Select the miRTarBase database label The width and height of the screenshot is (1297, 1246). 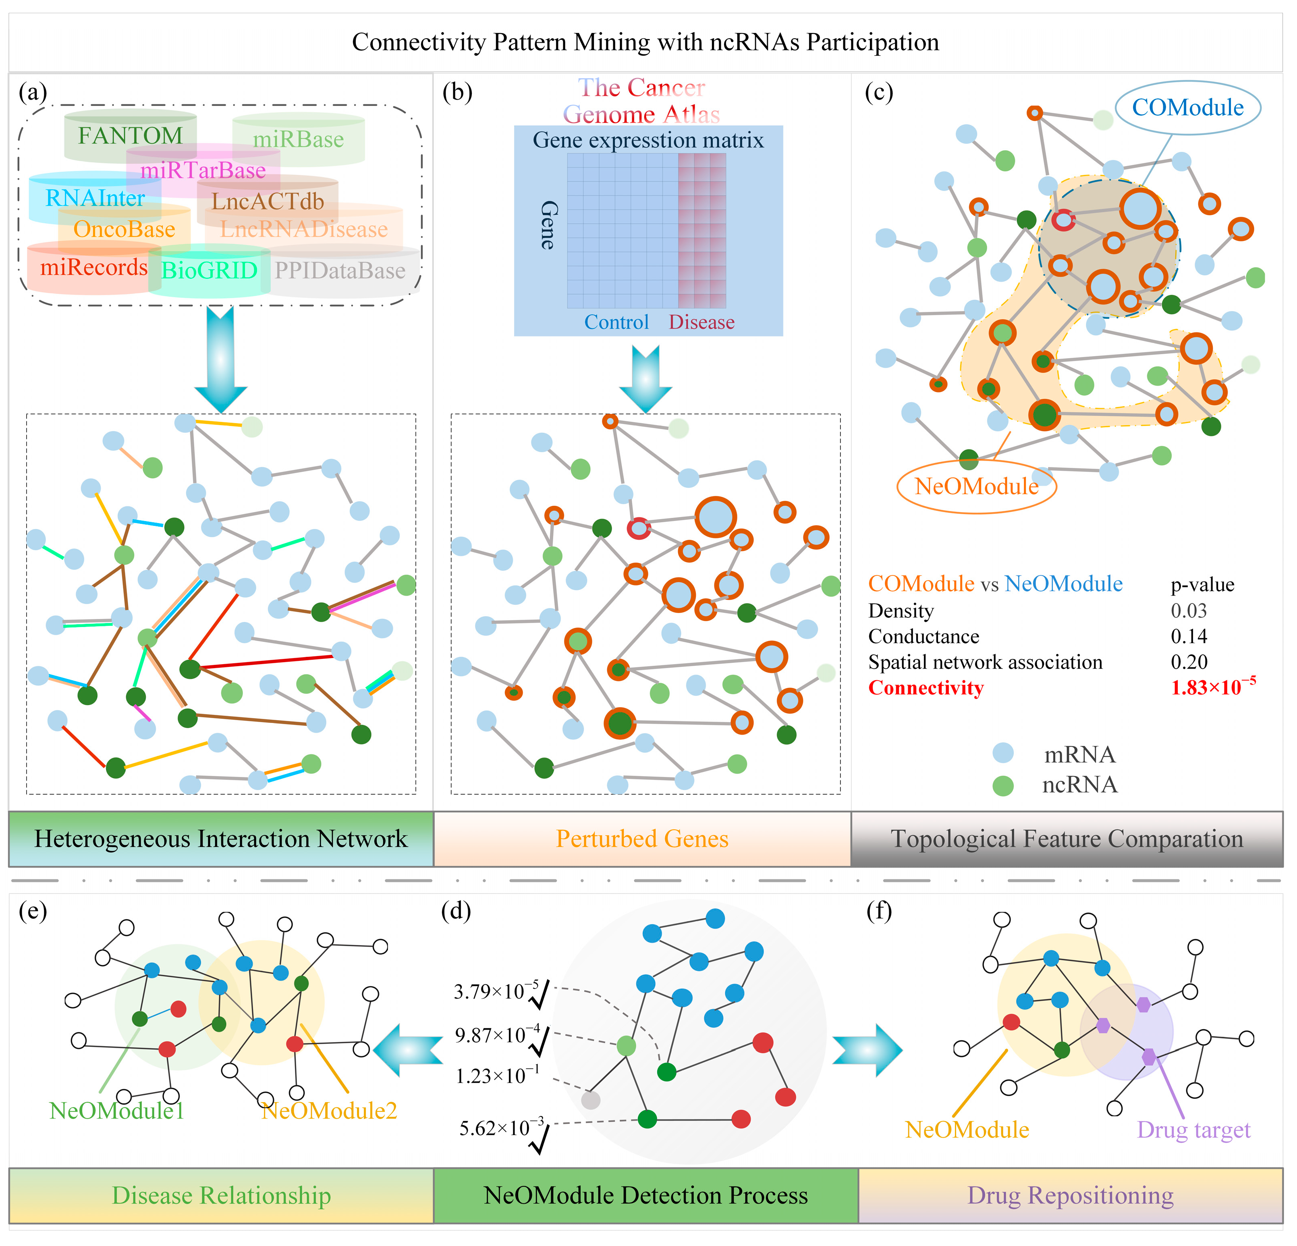point(203,171)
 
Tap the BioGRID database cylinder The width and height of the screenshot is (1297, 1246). point(209,270)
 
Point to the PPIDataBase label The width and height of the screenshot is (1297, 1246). point(340,271)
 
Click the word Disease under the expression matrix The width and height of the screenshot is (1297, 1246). point(701,322)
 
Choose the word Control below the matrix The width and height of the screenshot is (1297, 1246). point(616,322)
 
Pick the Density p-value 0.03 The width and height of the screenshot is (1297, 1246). point(1189,611)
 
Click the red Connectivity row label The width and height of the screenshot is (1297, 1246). point(926,688)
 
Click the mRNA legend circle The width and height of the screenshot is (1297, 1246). point(1003,754)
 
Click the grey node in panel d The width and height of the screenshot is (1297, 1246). point(590,1100)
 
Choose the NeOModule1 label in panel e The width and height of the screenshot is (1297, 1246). point(116,1110)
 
